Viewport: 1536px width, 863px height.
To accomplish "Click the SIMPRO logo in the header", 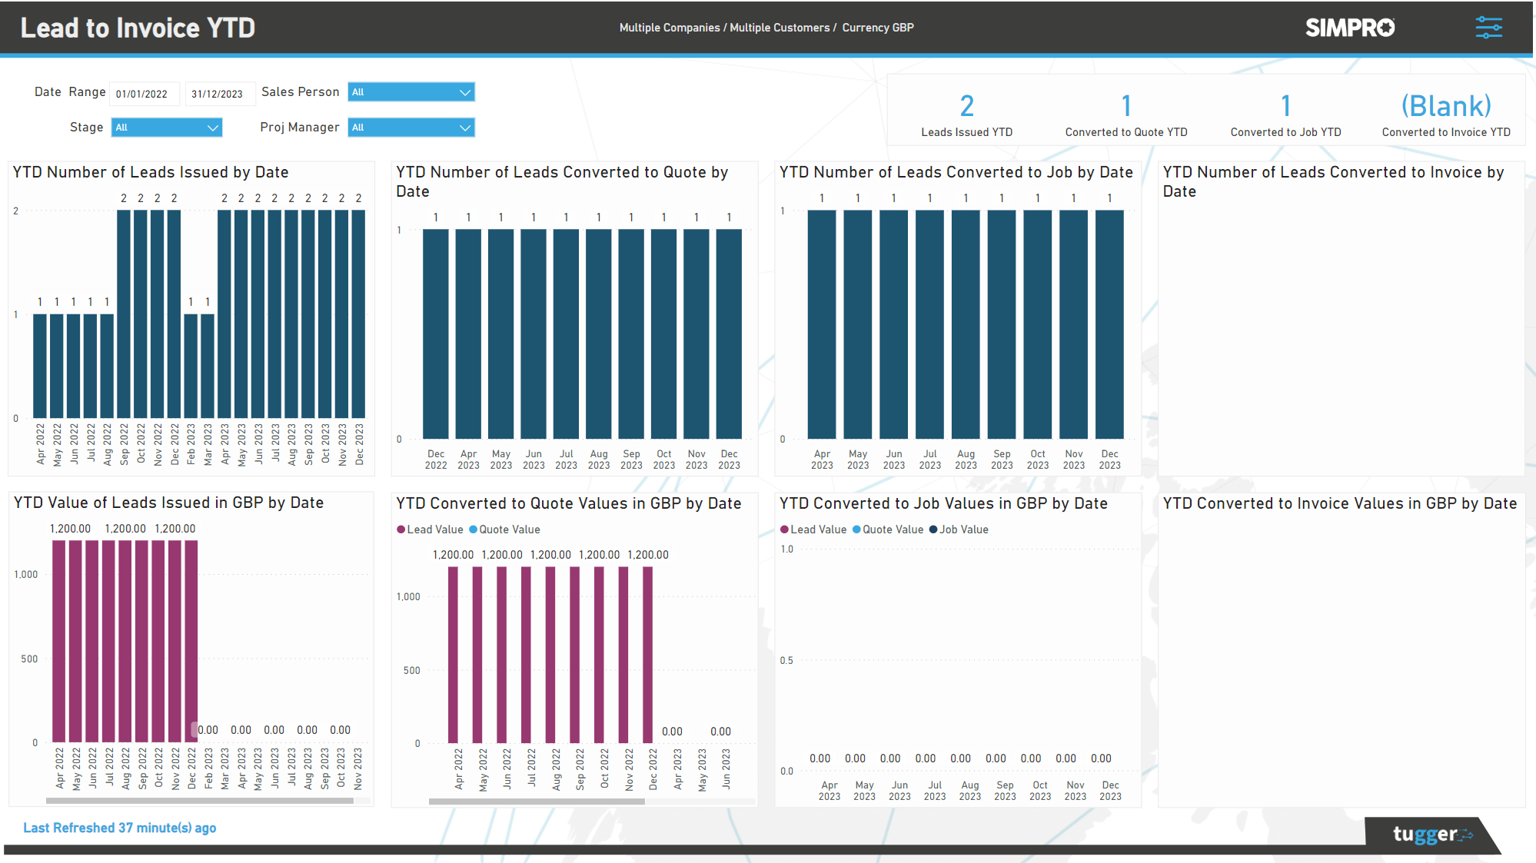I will pyautogui.click(x=1349, y=28).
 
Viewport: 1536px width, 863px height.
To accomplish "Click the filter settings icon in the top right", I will pyautogui.click(x=1488, y=28).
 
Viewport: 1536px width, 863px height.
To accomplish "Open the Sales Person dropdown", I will pyautogui.click(x=411, y=92).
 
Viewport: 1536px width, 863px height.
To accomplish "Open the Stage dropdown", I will pyautogui.click(x=166, y=128).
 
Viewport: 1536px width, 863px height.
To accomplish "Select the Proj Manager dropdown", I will pyautogui.click(x=411, y=128).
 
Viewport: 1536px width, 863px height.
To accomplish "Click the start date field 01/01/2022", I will pyautogui.click(x=144, y=94).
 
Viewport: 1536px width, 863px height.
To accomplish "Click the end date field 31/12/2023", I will pyautogui.click(x=218, y=94).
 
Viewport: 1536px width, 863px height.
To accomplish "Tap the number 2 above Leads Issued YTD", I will pyautogui.click(x=966, y=106).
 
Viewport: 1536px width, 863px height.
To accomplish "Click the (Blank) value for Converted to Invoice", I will pyautogui.click(x=1445, y=106).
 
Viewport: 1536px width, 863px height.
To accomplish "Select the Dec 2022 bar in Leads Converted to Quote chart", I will pyautogui.click(x=436, y=334).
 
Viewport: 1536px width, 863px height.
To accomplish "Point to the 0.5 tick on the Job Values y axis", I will pyautogui.click(x=786, y=660).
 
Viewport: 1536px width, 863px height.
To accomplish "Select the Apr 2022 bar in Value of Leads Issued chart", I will pyautogui.click(x=59, y=642).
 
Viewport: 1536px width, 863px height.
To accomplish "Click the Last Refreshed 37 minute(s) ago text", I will pyautogui.click(x=119, y=828).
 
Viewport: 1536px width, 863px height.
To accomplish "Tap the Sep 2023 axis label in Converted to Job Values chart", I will pyautogui.click(x=1005, y=791).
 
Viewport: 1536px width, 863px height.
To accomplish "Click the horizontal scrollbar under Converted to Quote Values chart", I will pyautogui.click(x=537, y=801).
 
